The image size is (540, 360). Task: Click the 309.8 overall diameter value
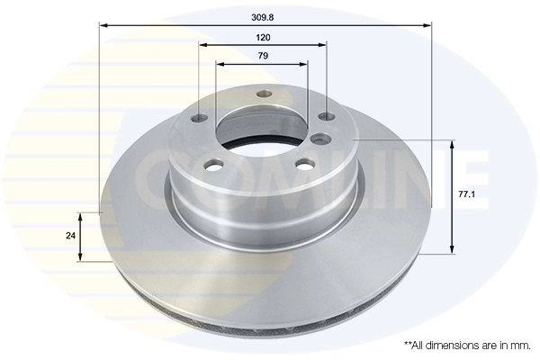(264, 16)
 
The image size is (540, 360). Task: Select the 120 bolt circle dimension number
(264, 37)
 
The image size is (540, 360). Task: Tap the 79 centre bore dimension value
(264, 56)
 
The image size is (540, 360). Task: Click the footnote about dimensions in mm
(467, 345)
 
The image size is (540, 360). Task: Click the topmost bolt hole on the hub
(263, 94)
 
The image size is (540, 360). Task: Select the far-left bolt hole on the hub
(199, 117)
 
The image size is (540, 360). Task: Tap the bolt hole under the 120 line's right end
(326, 117)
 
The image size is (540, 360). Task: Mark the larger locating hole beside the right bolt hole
(321, 138)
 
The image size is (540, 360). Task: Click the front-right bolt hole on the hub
(305, 165)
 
